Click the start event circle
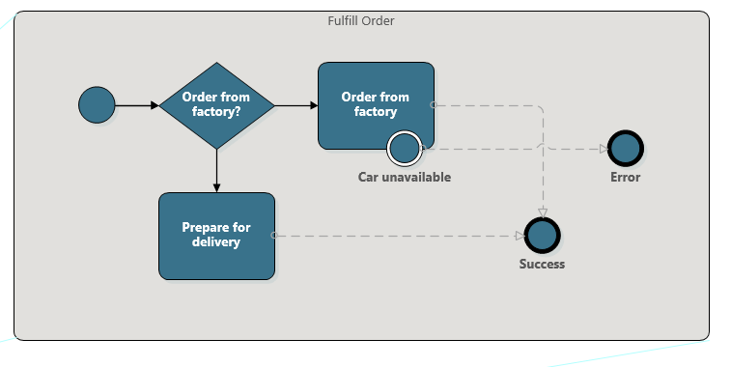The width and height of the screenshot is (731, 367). pyautogui.click(x=97, y=105)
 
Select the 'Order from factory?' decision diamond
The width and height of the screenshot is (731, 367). pyautogui.click(x=216, y=105)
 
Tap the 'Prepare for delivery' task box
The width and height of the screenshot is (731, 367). pyautogui.click(x=216, y=236)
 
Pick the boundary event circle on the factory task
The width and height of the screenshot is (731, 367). pyautogui.click(x=404, y=148)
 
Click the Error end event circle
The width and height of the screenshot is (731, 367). pyautogui.click(x=626, y=149)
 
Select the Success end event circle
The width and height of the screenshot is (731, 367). pyautogui.click(x=543, y=235)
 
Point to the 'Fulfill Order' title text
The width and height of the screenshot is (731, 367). pyautogui.click(x=361, y=20)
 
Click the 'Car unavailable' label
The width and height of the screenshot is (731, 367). pyautogui.click(x=405, y=178)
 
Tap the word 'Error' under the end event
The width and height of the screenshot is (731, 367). pyautogui.click(x=626, y=178)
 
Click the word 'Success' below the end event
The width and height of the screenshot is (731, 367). pyautogui.click(x=543, y=265)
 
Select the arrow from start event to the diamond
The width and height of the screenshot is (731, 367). pyautogui.click(x=136, y=105)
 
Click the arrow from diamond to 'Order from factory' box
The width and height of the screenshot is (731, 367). pyautogui.click(x=296, y=105)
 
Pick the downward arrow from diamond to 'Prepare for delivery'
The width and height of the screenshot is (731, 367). pyautogui.click(x=216, y=171)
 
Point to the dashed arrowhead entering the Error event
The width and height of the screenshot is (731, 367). pyautogui.click(x=603, y=149)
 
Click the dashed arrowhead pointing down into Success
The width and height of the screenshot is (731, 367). pyautogui.click(x=543, y=212)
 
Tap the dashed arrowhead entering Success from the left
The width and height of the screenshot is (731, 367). pyautogui.click(x=520, y=235)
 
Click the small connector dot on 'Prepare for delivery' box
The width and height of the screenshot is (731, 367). pyautogui.click(x=274, y=235)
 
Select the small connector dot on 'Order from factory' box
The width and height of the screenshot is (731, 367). pyautogui.click(x=434, y=104)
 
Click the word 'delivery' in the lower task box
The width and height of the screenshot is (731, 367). pyautogui.click(x=216, y=242)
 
